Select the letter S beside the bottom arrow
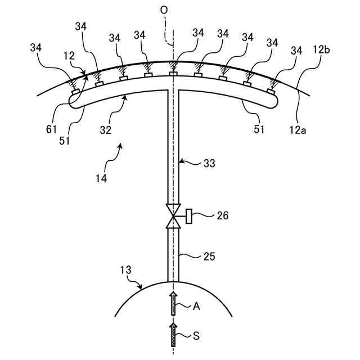point(196,336)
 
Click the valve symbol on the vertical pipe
point(173,215)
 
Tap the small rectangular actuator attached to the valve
point(189,215)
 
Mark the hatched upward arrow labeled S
point(174,334)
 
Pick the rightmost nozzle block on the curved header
point(271,91)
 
